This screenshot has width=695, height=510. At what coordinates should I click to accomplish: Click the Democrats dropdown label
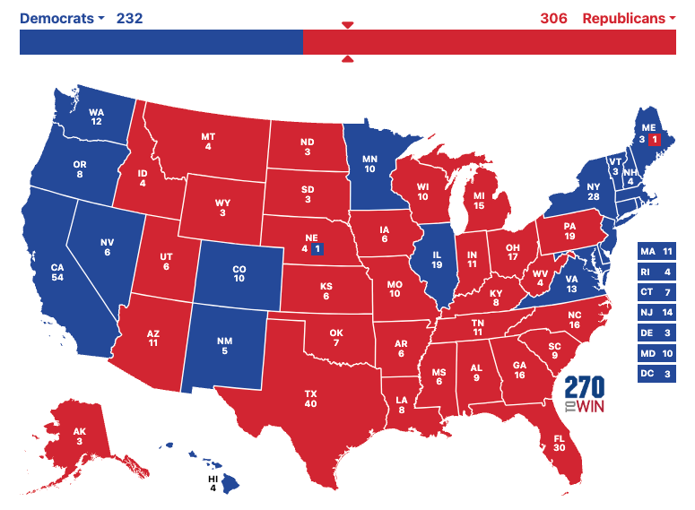coord(61,18)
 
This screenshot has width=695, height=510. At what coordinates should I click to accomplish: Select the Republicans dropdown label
coord(629,18)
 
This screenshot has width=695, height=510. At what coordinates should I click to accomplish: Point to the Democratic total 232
coord(129,18)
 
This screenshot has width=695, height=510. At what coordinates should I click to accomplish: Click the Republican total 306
coord(553,18)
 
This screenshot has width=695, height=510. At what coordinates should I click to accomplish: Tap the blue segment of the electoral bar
coord(161,42)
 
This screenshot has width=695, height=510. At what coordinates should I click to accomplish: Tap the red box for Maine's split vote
coord(655,141)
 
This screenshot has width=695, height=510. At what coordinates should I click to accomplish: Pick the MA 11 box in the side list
coord(655,252)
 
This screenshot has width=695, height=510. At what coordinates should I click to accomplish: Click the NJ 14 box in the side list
coord(655,313)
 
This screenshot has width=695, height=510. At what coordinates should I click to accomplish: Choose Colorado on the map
coord(238,272)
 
